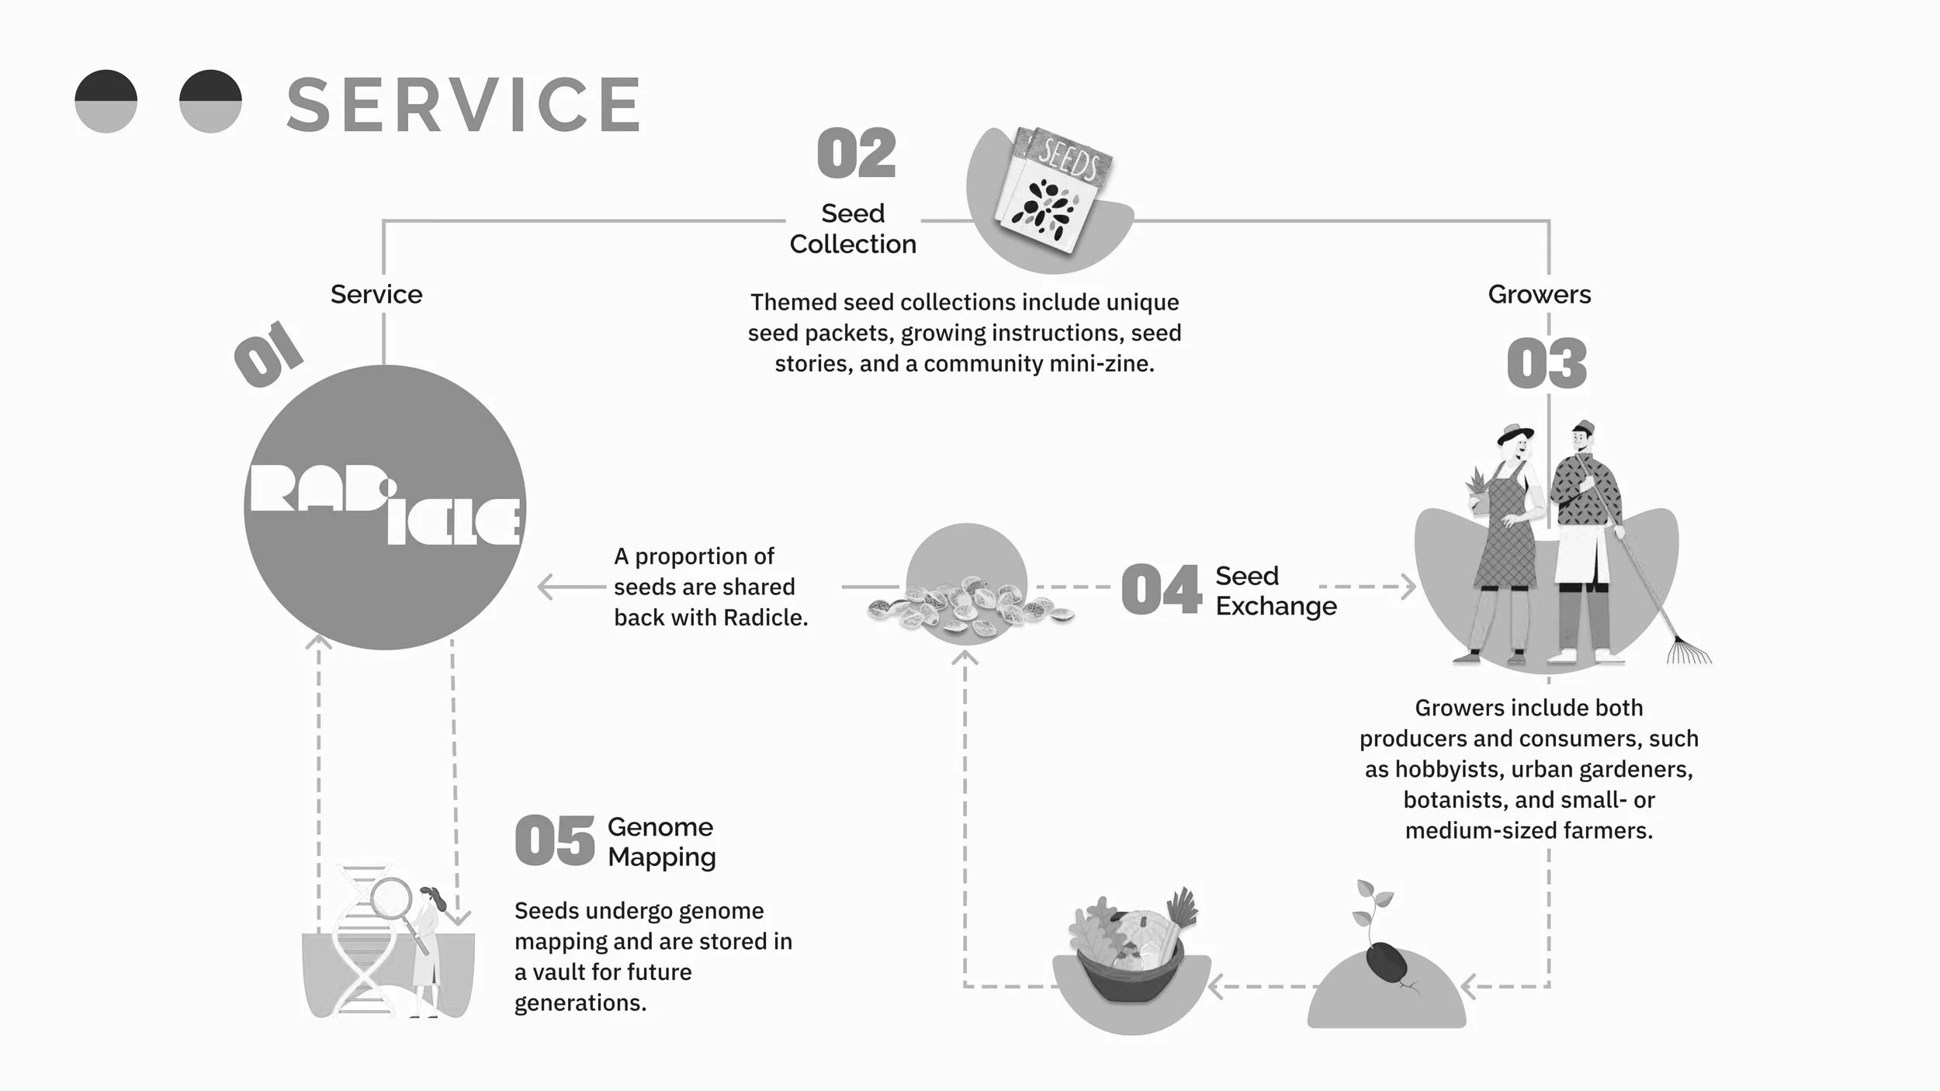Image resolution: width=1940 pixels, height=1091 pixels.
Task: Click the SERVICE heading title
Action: (464, 105)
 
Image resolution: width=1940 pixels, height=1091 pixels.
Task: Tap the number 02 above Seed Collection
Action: (856, 154)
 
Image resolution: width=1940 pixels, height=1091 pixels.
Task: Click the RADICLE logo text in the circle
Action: (385, 504)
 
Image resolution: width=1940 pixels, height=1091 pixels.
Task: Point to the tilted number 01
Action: (268, 354)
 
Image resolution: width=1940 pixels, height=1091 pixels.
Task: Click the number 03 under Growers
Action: (1547, 364)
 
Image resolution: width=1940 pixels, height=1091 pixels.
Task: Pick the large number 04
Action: (1161, 591)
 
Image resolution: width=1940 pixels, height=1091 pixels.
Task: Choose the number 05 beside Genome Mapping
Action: (554, 842)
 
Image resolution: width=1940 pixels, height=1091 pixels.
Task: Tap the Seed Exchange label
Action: (1276, 591)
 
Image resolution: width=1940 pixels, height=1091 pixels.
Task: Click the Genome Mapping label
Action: (661, 842)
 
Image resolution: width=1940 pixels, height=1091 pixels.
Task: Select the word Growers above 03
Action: (1539, 295)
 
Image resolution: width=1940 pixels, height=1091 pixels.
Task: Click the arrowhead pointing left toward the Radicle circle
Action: (546, 587)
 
